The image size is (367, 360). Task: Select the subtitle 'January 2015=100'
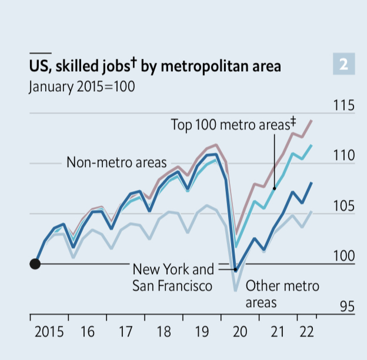pos(81,86)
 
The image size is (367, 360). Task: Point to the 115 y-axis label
pos(343,106)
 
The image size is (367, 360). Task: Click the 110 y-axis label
pos(343,156)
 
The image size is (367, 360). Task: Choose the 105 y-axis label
pos(343,206)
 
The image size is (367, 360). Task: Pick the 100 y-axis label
pos(343,256)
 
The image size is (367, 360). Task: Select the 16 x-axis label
pos(87,331)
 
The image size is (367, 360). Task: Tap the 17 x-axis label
pos(125,331)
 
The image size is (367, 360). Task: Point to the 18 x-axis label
pos(164,331)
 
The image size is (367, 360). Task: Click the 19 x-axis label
pos(202,331)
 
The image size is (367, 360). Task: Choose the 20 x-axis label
pos(240,331)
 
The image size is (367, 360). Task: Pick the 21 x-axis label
pos(278,331)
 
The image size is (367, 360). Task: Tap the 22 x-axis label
pos(306,331)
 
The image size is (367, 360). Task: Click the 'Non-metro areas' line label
pos(116,162)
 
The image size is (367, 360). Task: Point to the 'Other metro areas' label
pos(282,294)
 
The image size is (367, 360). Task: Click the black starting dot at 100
pos(35,264)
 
